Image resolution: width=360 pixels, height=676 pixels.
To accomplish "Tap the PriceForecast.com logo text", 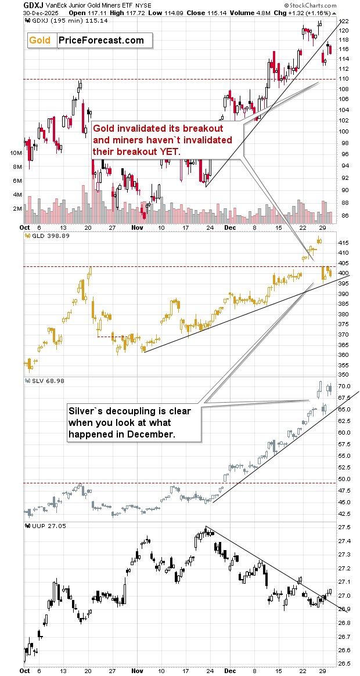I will pos(101,40).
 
